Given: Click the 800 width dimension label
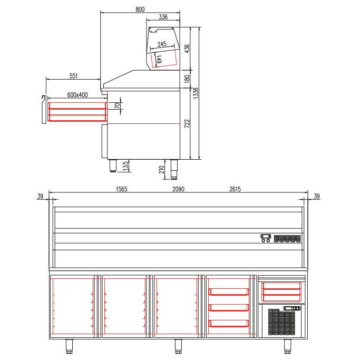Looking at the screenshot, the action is (x=140, y=9).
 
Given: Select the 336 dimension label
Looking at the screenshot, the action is (x=163, y=17).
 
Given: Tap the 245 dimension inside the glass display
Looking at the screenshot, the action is (x=162, y=44).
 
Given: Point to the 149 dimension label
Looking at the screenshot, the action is (x=159, y=59).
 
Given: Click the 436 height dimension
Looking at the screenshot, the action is (x=187, y=48).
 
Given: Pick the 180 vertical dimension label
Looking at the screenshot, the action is (x=187, y=79).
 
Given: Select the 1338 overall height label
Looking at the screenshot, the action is (x=196, y=93).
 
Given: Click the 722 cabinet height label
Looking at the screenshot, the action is (x=187, y=123).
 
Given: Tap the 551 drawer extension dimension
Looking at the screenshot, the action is (x=73, y=76).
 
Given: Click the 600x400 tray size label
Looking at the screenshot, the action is (x=77, y=95).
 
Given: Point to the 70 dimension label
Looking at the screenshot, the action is (x=118, y=106).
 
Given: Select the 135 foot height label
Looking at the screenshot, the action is (x=125, y=166).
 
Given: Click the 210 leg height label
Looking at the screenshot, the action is (x=161, y=170).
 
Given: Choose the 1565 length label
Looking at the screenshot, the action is (x=122, y=189).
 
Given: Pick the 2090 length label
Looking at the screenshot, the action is (x=178, y=189).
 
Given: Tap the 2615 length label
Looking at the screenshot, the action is (x=235, y=189).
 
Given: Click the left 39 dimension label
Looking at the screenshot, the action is (x=40, y=196).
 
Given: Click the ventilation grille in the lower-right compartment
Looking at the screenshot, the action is (x=281, y=322).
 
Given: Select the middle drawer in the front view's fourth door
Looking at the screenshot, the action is (x=229, y=308).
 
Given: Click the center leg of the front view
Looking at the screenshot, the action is (x=178, y=346).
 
